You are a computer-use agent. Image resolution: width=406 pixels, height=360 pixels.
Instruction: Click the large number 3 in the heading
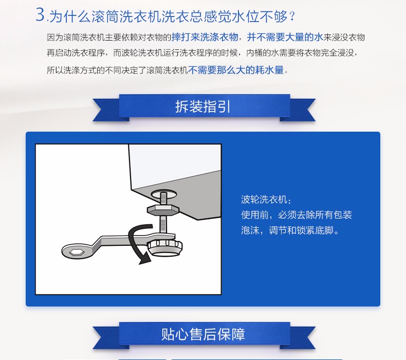click(x=41, y=14)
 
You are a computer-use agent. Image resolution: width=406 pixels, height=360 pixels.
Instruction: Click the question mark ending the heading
click(x=292, y=16)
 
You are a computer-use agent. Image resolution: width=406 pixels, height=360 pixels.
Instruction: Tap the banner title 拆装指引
click(x=202, y=106)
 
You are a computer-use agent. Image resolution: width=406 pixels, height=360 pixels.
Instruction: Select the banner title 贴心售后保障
click(x=202, y=334)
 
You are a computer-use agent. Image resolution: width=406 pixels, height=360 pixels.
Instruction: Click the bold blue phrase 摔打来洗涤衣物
click(x=205, y=38)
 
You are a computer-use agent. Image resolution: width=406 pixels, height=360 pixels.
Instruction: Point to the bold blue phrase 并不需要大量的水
click(x=285, y=38)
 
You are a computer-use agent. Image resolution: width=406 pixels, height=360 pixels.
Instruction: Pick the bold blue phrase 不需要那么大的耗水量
click(x=236, y=70)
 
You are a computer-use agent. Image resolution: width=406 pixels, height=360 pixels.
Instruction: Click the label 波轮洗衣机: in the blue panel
click(x=266, y=200)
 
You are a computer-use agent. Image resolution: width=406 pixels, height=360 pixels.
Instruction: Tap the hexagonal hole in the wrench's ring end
click(x=74, y=251)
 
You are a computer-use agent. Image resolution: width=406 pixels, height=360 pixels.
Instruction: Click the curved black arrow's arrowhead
click(x=145, y=259)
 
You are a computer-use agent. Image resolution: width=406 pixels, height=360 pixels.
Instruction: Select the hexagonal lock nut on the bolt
click(x=163, y=209)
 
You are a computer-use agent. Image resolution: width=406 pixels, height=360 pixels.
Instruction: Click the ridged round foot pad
click(x=165, y=247)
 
